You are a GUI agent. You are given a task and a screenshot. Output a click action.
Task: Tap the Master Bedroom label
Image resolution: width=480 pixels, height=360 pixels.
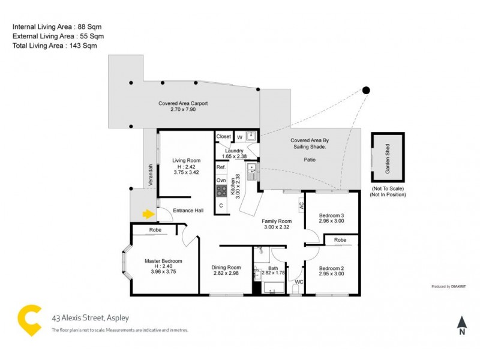[163, 261]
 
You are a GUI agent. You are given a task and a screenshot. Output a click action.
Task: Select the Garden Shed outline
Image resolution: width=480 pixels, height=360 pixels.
[388, 158]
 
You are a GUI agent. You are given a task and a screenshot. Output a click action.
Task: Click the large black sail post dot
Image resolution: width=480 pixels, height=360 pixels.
[366, 91]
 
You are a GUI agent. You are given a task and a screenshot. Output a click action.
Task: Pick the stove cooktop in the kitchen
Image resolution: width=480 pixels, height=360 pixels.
[221, 191]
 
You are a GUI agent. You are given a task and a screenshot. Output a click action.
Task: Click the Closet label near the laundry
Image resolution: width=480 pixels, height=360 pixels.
[224, 136]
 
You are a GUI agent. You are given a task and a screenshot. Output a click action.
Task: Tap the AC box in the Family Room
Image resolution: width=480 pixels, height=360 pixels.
[301, 205]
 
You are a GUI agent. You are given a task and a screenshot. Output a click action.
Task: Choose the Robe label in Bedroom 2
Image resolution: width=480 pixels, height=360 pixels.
[341, 239]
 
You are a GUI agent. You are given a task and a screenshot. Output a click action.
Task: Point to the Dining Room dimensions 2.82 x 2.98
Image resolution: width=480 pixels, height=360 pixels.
[226, 273]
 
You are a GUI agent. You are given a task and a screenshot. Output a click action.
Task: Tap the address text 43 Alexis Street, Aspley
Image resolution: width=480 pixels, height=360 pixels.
[90, 318]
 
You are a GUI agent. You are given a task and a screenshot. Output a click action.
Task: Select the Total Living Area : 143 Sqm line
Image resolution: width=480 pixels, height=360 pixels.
[55, 46]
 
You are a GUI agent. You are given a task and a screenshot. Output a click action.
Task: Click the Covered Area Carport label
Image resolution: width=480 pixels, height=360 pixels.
[183, 103]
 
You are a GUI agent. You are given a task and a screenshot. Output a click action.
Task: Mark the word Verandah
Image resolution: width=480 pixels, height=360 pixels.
[152, 175]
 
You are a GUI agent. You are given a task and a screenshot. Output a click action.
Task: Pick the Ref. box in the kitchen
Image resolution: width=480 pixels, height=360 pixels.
[221, 167]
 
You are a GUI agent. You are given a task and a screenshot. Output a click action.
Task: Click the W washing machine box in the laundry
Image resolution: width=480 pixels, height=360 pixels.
[239, 137]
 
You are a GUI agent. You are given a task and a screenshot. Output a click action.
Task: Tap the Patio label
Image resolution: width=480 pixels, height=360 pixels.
[308, 160]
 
